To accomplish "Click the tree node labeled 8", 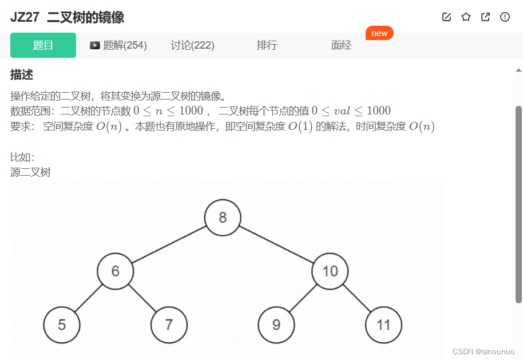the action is (x=223, y=217).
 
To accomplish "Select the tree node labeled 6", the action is (x=115, y=271).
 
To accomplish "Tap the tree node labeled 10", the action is (x=330, y=271).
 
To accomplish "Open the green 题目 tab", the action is (x=43, y=45).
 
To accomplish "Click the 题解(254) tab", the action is (x=118, y=45).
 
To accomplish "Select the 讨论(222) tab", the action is (x=192, y=45).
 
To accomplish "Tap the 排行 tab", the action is (x=267, y=45).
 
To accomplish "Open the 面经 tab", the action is (x=341, y=45).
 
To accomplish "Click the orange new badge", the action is (x=379, y=33).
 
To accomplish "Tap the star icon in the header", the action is (x=466, y=17).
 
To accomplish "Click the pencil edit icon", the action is (x=446, y=17).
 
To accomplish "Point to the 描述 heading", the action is (x=22, y=74).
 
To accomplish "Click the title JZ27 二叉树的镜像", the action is (x=67, y=17).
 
